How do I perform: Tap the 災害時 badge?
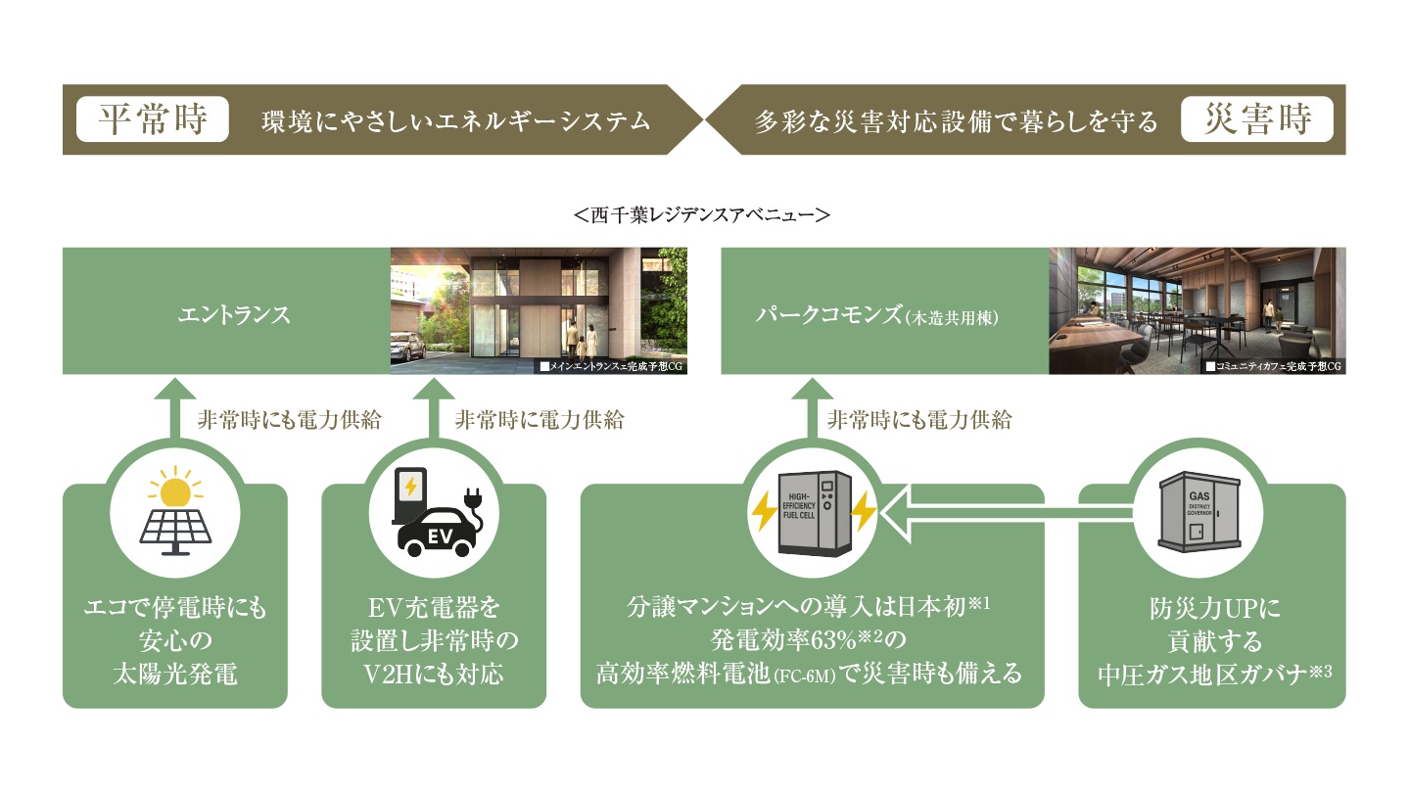(x=1257, y=120)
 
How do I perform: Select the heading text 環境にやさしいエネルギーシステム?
(x=456, y=121)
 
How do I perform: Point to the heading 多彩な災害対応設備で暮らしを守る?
(x=957, y=121)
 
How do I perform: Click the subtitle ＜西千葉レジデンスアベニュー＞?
(x=704, y=213)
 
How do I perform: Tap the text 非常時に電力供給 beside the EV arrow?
(x=539, y=420)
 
